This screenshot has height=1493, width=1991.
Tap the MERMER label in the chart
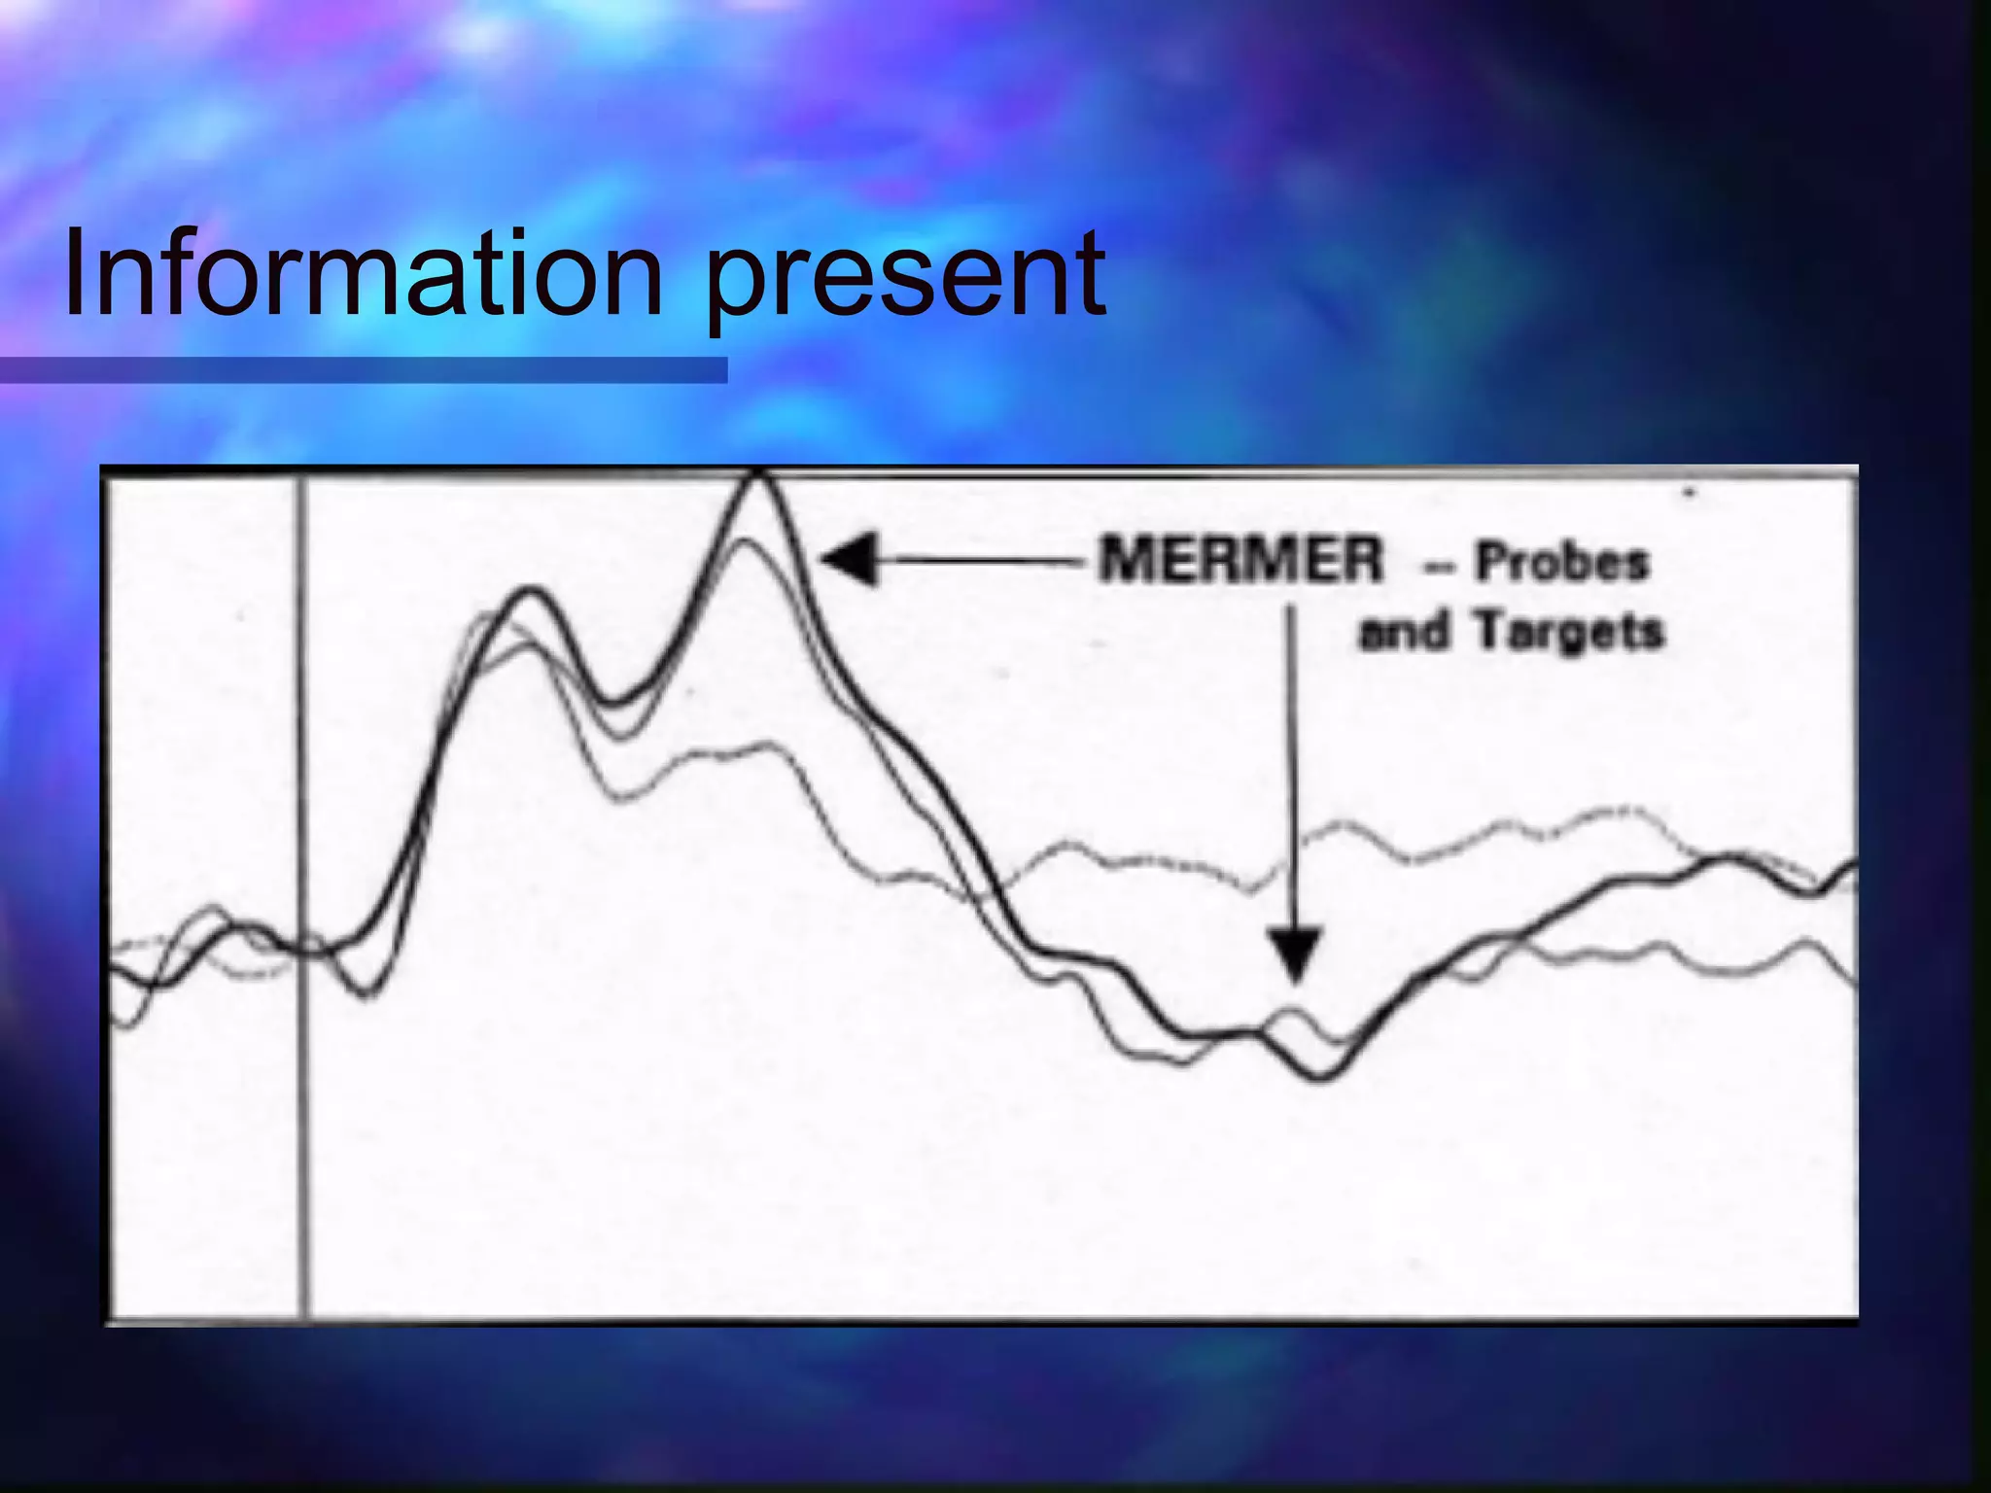[1240, 560]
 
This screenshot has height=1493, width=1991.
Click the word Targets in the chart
[1569, 632]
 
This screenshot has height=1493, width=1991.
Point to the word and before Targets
[1402, 634]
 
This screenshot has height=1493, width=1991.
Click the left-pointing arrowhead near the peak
[852, 560]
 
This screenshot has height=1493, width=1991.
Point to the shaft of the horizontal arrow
[982, 560]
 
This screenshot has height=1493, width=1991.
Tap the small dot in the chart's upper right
[1690, 494]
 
